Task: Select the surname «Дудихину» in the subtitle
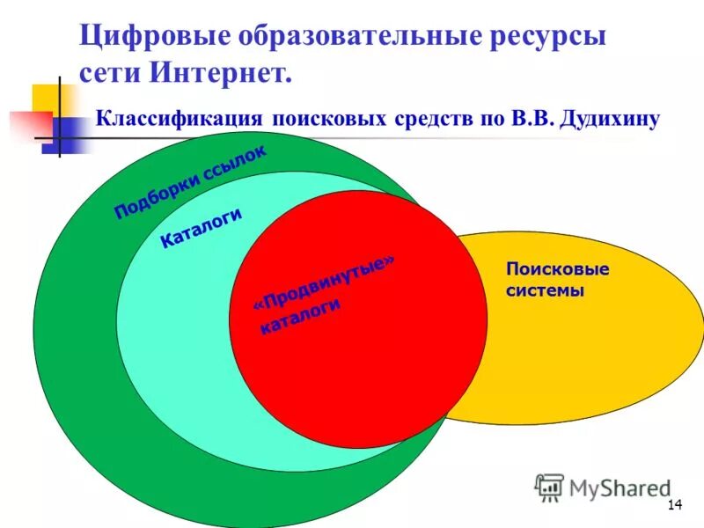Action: (608, 118)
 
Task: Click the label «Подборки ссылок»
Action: (189, 182)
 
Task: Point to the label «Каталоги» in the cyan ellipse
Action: (201, 229)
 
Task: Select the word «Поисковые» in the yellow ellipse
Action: (557, 269)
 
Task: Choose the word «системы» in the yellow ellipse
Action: (545, 290)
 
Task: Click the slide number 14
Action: (676, 504)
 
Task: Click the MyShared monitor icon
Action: (550, 487)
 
